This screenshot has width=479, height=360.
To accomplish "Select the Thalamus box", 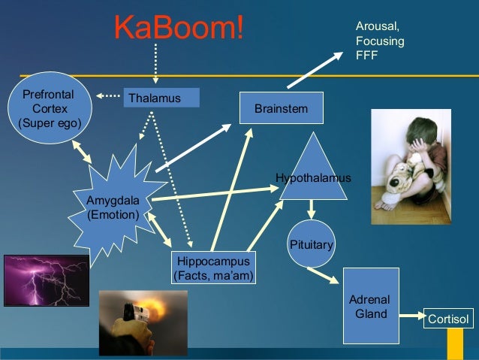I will point(161,98).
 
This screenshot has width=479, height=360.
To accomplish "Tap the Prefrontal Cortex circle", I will point(50,108).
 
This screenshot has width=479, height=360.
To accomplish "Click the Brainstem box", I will point(281,108).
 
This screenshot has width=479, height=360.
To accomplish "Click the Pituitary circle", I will point(311,244).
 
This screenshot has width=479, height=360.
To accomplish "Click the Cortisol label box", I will point(448,319).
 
